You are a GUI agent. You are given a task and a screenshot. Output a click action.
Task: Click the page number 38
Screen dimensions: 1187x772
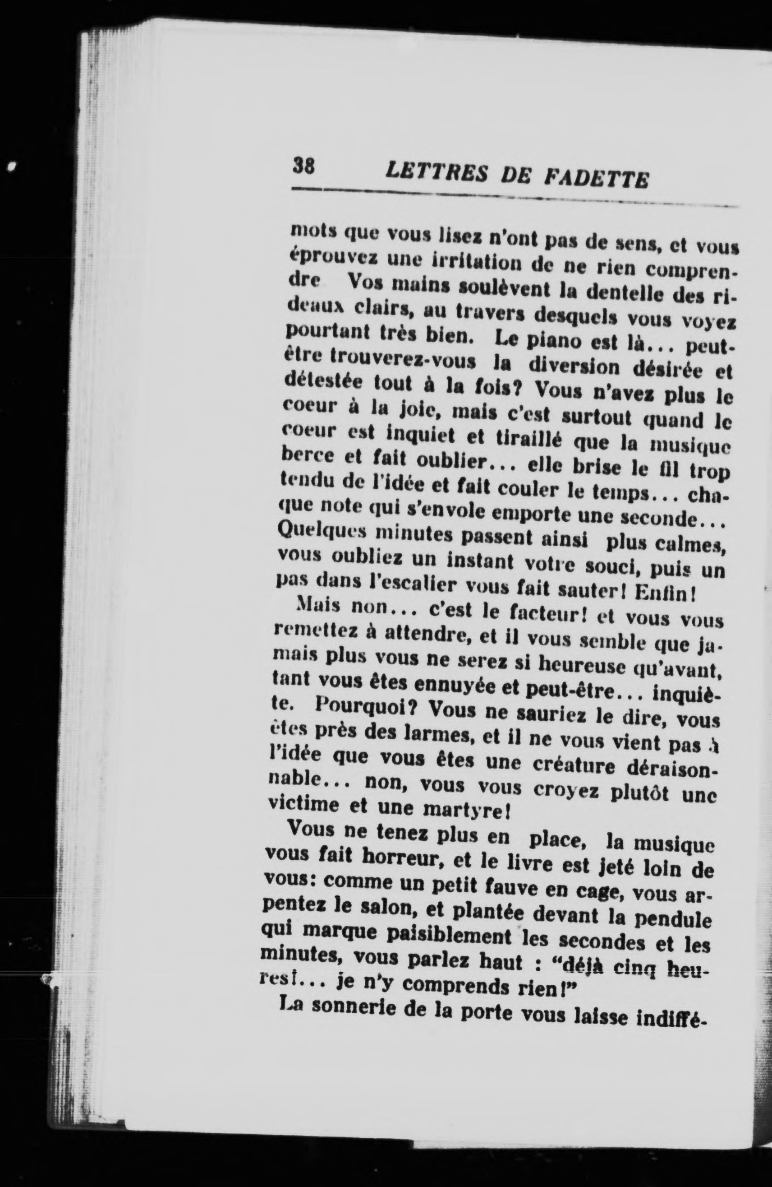pyautogui.click(x=303, y=165)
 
